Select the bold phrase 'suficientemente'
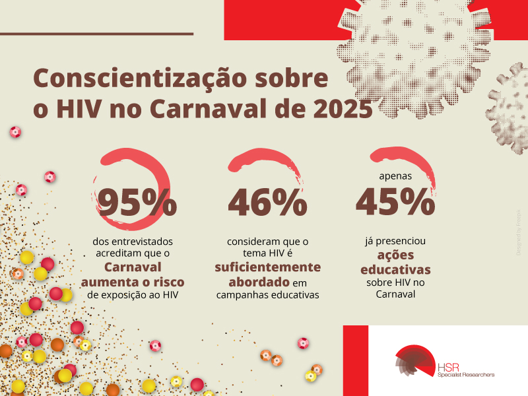[x=267, y=267]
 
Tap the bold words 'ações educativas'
[x=395, y=263]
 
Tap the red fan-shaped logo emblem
[x=414, y=364]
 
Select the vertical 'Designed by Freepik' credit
[x=518, y=231]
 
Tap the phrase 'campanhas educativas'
[x=267, y=295]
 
